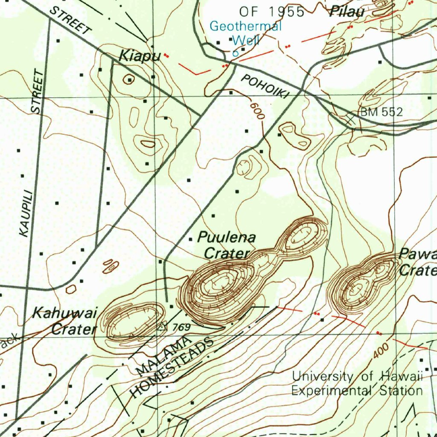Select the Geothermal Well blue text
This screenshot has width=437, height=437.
coord(245,33)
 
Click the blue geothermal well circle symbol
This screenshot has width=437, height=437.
coord(235,54)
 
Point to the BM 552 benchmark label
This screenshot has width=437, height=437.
coord(381,112)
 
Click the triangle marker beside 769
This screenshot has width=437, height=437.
coord(162,327)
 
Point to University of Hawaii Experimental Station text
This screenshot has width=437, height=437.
coord(357,383)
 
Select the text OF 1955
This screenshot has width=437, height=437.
coord(272,12)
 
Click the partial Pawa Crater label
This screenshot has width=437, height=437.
coord(417,262)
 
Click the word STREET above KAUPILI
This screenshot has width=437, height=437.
coord(38,92)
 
